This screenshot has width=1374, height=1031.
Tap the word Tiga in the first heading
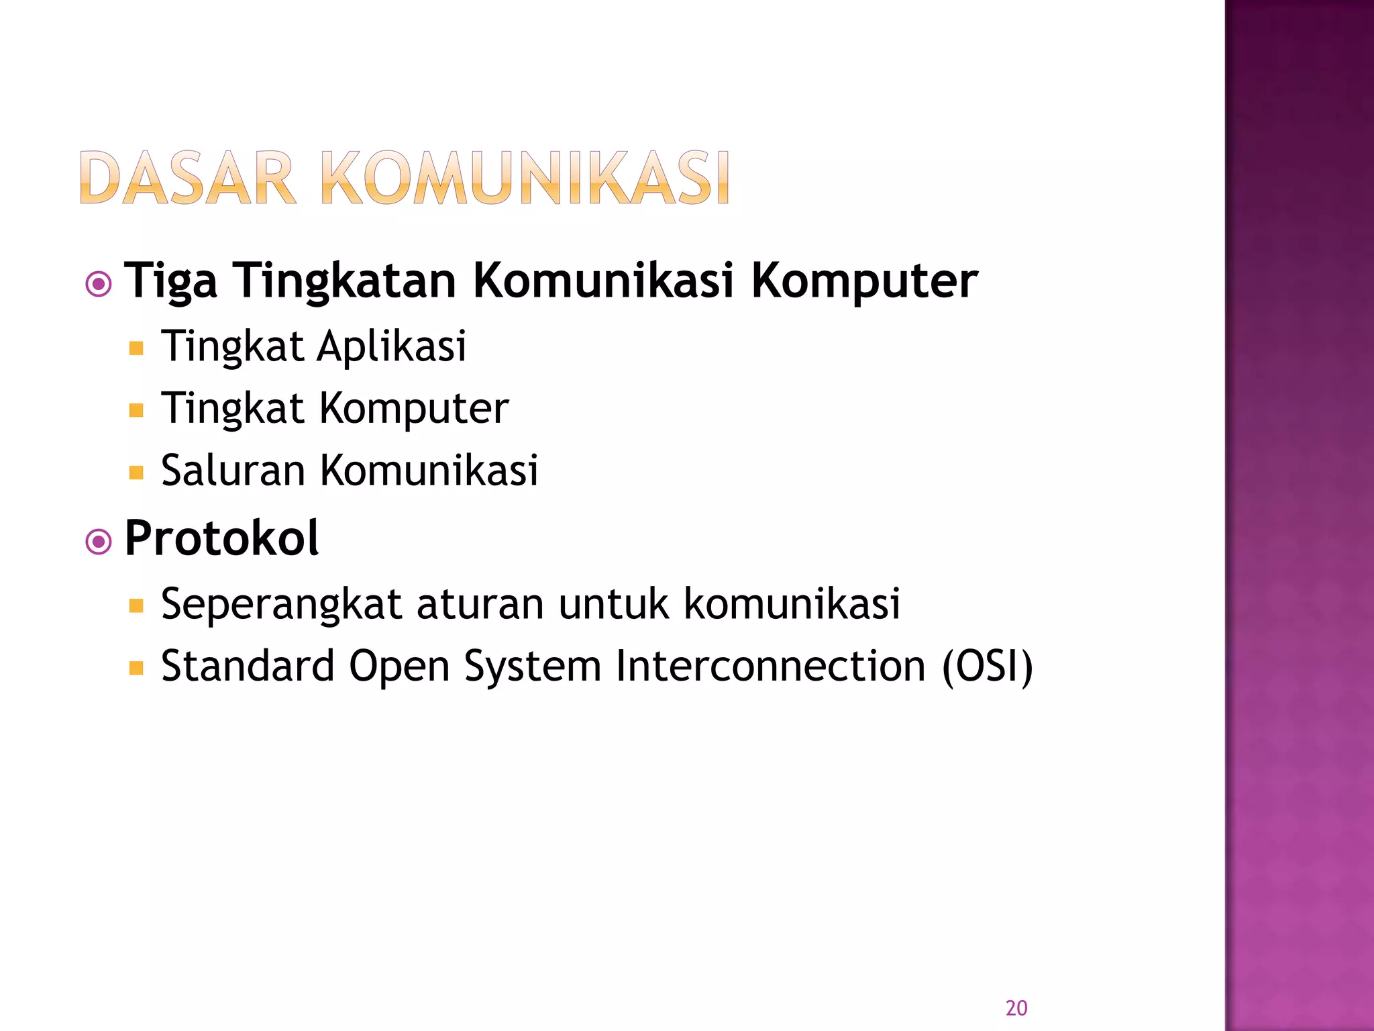click(171, 281)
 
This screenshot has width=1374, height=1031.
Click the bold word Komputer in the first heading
click(864, 281)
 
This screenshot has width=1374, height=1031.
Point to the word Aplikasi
click(391, 346)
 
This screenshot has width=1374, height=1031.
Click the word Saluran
click(233, 470)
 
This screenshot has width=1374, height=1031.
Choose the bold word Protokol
click(221, 538)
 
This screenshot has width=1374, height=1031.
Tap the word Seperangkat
click(281, 604)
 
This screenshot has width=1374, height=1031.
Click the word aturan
click(480, 604)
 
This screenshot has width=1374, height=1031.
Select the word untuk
click(613, 604)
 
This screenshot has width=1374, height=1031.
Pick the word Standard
click(248, 666)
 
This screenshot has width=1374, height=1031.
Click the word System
click(532, 666)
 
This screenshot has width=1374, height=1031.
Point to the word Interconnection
click(771, 666)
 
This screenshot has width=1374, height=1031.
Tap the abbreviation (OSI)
click(988, 666)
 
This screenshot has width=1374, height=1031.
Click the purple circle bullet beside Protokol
click(99, 541)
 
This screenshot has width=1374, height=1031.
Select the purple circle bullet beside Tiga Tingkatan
click(99, 285)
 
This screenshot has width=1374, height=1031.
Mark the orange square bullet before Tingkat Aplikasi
click(136, 348)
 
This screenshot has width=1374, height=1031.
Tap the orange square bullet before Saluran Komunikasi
click(136, 473)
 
